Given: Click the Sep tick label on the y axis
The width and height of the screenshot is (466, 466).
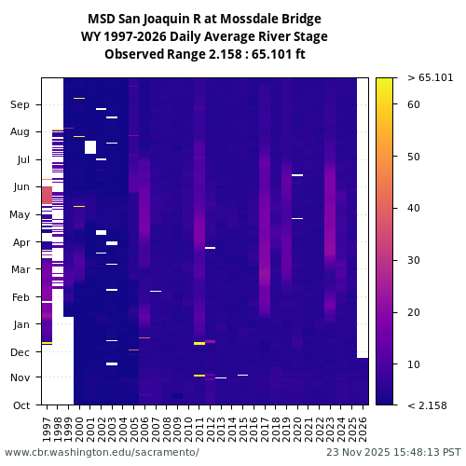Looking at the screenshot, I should coord(20,105).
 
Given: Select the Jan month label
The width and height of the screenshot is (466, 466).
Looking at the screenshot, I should coord(20,324).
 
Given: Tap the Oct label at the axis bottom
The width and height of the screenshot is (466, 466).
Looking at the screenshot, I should coord(20,404).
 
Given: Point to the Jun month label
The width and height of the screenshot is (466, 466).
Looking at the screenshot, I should coord(20,187).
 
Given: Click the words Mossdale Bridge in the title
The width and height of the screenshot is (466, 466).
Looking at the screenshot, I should coord(270,19).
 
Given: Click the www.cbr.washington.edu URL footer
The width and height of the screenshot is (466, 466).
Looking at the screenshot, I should coord(102,452).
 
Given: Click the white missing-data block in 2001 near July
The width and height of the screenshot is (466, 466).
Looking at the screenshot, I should coord(90,147).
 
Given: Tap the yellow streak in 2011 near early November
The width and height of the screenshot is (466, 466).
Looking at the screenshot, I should coord(199,376).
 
